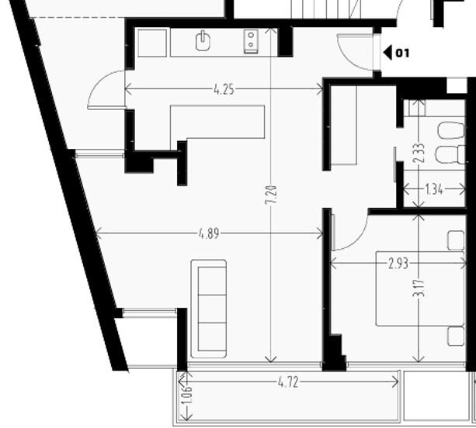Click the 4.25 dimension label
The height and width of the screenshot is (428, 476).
tap(224, 90)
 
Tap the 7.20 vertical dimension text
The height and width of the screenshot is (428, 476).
tap(271, 195)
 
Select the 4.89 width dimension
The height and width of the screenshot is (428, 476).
tap(209, 233)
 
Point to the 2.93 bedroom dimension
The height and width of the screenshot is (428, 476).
tap(398, 264)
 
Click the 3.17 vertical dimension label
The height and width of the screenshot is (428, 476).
tap(419, 288)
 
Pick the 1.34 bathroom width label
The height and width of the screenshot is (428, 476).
tap(434, 190)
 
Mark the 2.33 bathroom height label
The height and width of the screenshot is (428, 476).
tap(419, 153)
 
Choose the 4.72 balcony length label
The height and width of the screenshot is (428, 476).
tap(288, 382)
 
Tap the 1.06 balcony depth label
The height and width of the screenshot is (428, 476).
tap(186, 395)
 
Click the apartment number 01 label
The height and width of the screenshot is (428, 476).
tap(402, 53)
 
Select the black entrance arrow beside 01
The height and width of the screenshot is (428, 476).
tap(387, 53)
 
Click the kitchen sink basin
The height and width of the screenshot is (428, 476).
tap(203, 41)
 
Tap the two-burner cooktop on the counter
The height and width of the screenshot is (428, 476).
tap(251, 42)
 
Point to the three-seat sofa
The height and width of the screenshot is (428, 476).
tap(209, 309)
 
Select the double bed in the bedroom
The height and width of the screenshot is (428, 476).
tap(420, 288)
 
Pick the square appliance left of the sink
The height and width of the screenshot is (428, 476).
tap(152, 43)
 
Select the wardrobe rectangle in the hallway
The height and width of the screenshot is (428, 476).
tap(343, 125)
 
